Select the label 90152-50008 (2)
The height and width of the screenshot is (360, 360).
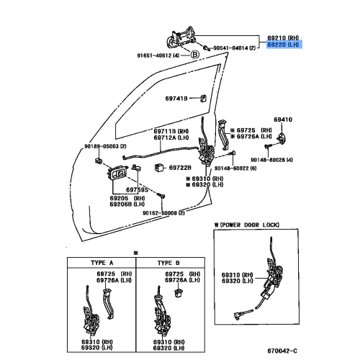pos(163,213)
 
